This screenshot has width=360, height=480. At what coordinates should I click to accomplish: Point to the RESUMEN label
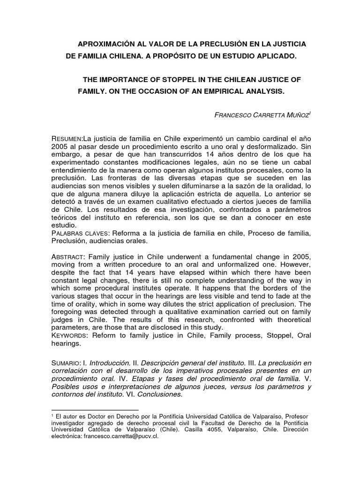pos(67,139)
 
